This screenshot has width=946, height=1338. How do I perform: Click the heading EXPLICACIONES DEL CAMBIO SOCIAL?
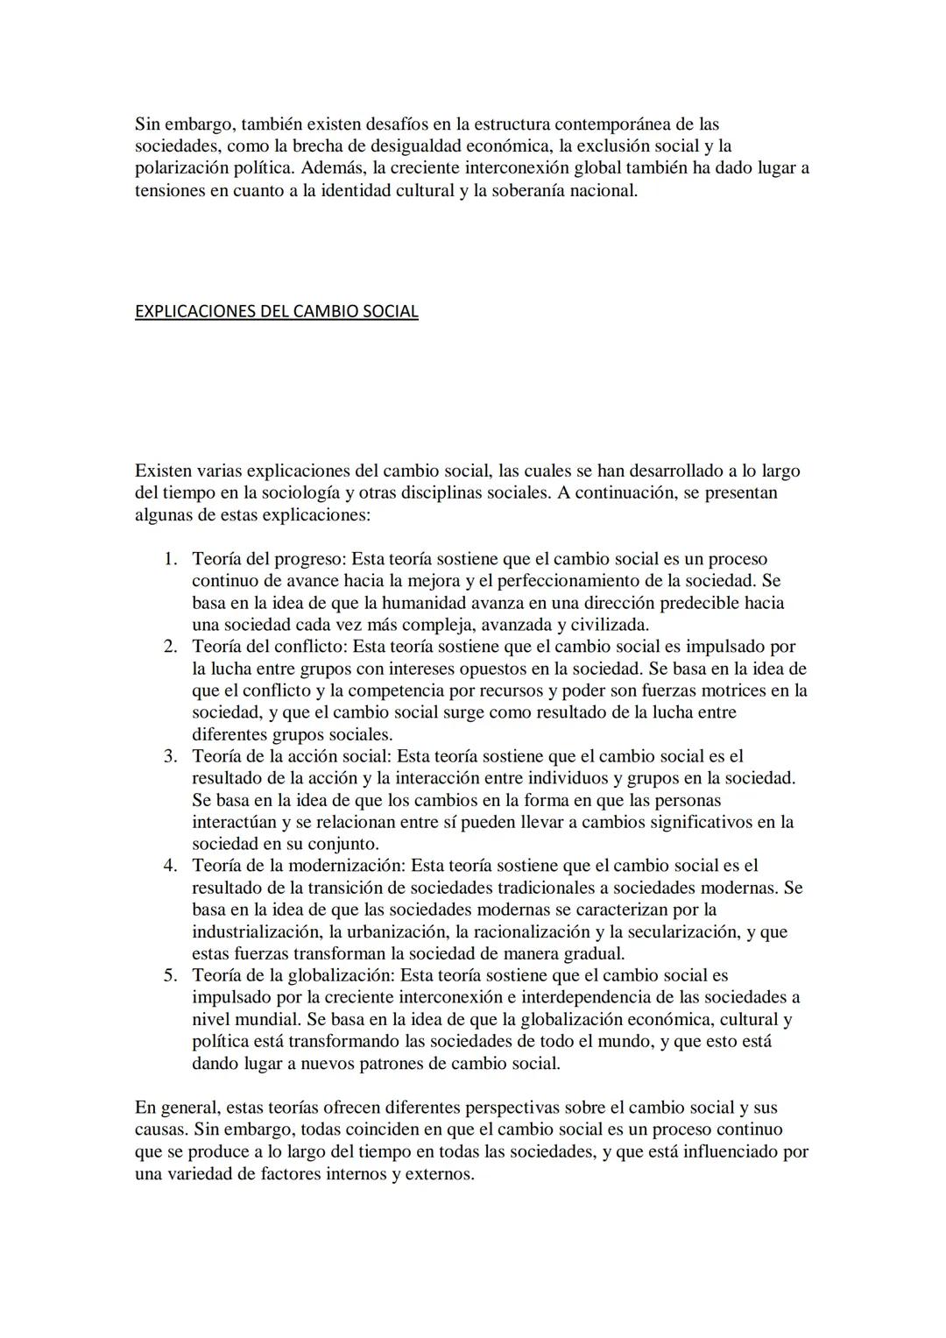[276, 311]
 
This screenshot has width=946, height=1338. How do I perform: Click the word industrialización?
[257, 931]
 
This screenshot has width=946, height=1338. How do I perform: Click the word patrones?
[395, 1064]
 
